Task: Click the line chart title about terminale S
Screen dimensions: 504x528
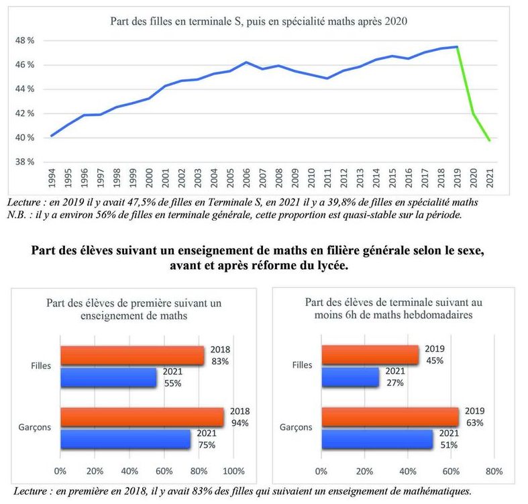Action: (x=259, y=21)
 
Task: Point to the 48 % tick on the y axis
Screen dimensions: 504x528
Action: (x=25, y=40)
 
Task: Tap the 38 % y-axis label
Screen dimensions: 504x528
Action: (x=25, y=162)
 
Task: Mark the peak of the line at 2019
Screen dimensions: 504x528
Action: (x=457, y=46)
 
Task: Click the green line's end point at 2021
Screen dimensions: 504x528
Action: (x=490, y=140)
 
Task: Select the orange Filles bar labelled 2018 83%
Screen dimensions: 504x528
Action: (x=131, y=356)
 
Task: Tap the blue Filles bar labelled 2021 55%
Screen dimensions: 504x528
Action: (x=108, y=377)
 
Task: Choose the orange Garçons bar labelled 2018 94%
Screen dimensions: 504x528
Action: (x=142, y=417)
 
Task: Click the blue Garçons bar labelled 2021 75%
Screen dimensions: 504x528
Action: (x=125, y=439)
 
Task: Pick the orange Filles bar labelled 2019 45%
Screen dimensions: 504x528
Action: (x=370, y=356)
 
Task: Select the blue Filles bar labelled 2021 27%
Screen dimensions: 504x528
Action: (x=350, y=377)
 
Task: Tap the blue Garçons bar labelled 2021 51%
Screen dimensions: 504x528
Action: (x=376, y=439)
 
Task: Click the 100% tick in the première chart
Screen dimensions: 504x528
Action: (x=233, y=470)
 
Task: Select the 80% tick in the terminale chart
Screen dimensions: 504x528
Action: (x=493, y=470)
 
